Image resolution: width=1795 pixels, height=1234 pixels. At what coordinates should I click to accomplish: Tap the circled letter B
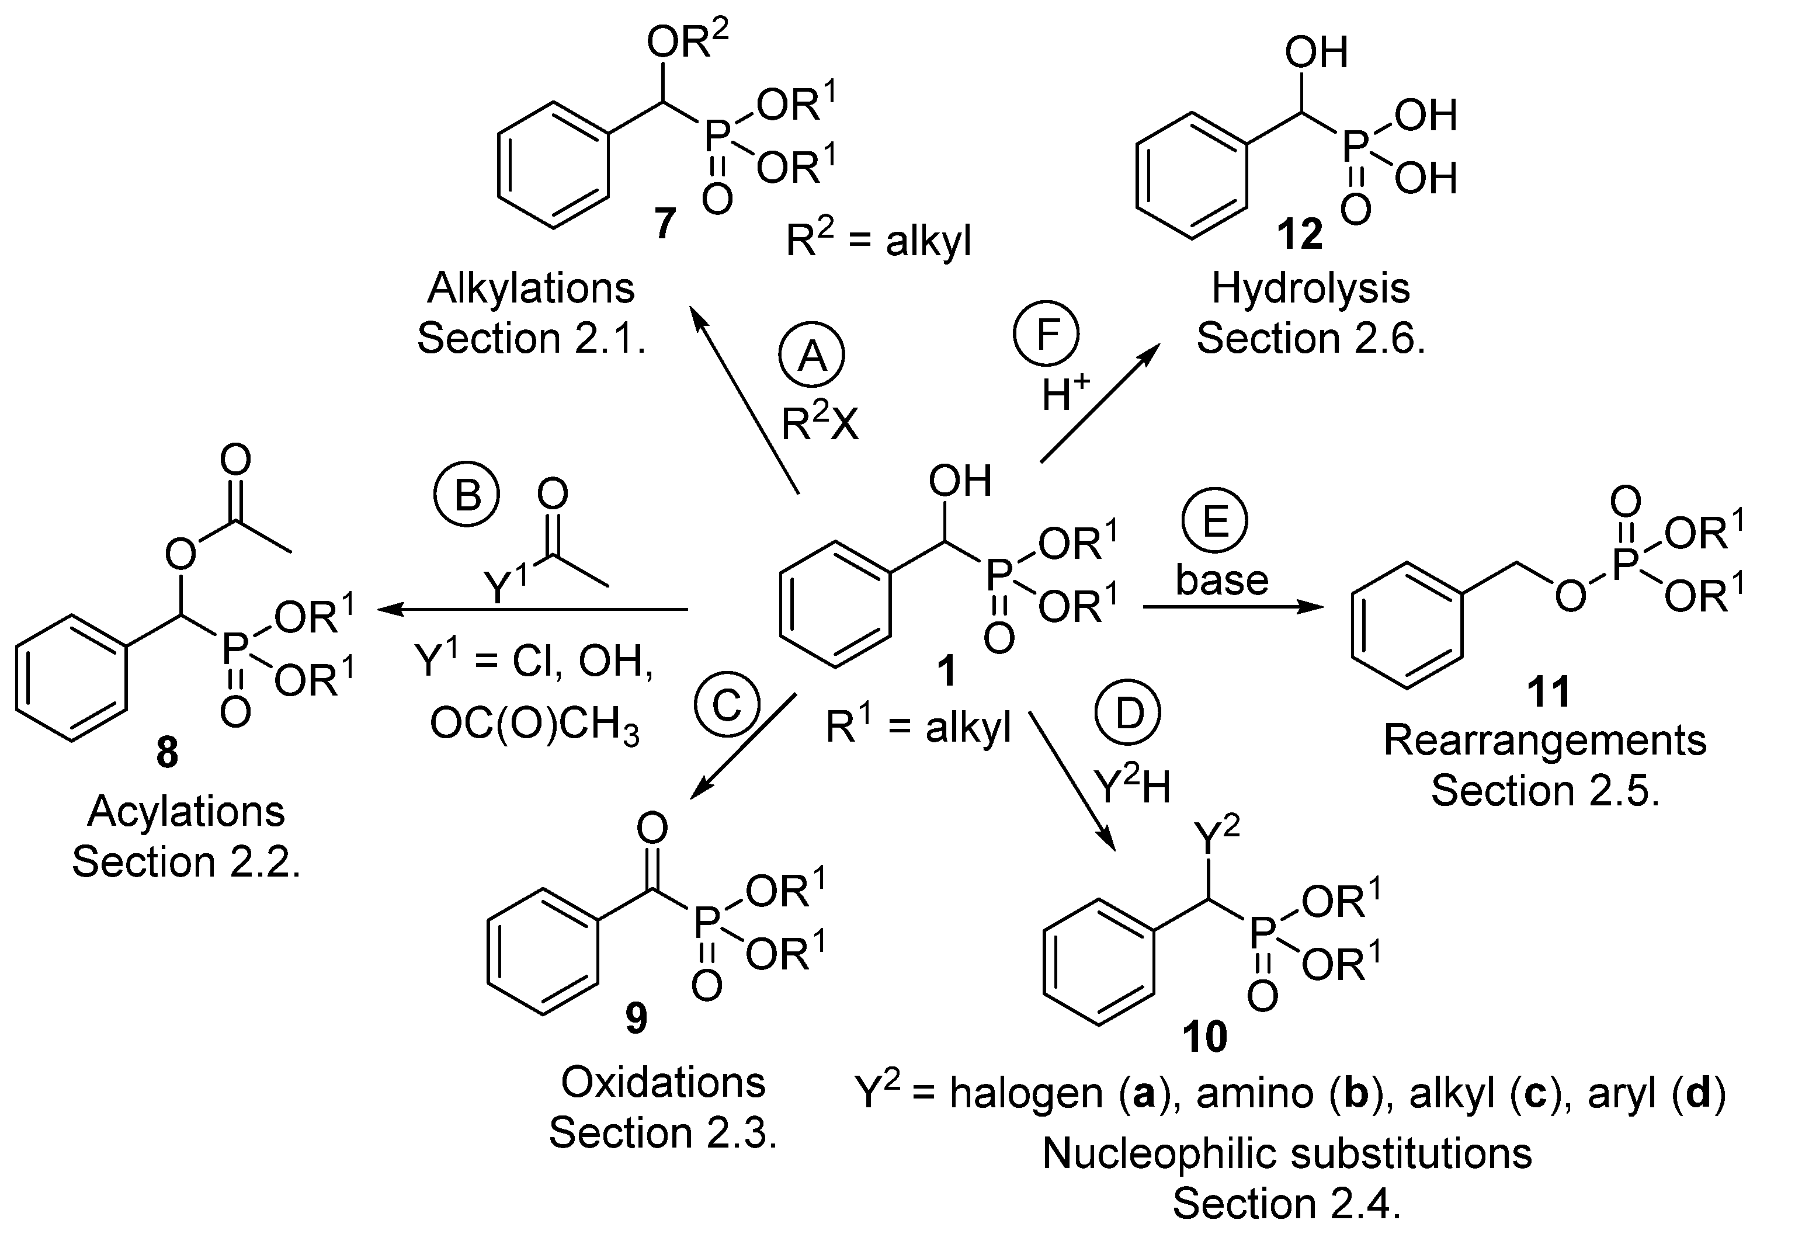click(x=466, y=495)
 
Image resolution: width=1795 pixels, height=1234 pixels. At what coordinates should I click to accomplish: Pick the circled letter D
click(x=1129, y=714)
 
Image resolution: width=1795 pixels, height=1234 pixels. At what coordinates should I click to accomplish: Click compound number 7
click(x=664, y=224)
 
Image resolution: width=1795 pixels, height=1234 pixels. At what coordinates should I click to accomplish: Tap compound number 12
click(x=1299, y=234)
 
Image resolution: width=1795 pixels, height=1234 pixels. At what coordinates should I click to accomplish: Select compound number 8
click(x=167, y=753)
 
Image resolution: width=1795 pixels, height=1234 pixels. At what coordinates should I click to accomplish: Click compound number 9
click(x=636, y=1019)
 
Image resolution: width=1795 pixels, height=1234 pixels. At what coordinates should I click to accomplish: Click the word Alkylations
click(x=530, y=288)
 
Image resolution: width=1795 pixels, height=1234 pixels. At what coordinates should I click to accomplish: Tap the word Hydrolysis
click(x=1310, y=288)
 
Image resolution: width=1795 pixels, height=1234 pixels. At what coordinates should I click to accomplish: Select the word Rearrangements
click(x=1544, y=741)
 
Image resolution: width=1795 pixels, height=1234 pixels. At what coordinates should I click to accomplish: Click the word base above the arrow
click(x=1222, y=580)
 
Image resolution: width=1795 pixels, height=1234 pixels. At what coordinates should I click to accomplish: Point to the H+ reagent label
click(x=1065, y=394)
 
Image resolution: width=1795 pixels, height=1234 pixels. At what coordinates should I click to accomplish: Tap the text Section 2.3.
click(x=663, y=1134)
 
